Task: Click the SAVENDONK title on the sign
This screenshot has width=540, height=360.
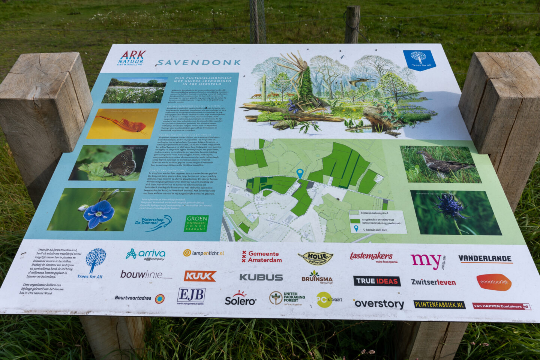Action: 198,62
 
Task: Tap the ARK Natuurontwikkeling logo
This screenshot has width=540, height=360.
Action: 131,58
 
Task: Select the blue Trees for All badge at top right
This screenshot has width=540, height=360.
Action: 419,60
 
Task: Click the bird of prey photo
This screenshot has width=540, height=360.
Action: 440,164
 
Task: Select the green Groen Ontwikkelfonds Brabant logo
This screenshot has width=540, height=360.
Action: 196,223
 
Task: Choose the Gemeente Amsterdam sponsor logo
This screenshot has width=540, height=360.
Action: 262,257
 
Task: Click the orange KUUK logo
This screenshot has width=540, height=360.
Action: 200,276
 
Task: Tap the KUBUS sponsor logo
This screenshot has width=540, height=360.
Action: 261,277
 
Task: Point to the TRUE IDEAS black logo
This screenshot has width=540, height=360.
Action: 376,281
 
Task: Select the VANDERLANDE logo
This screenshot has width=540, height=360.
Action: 485,259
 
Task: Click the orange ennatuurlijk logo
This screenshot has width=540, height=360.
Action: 494,282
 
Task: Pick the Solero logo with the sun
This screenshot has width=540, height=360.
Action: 240,298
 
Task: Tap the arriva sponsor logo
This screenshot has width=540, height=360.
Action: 146,254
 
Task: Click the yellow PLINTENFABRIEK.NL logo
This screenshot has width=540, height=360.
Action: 439,304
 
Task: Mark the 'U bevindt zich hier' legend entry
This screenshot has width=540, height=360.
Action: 375,229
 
